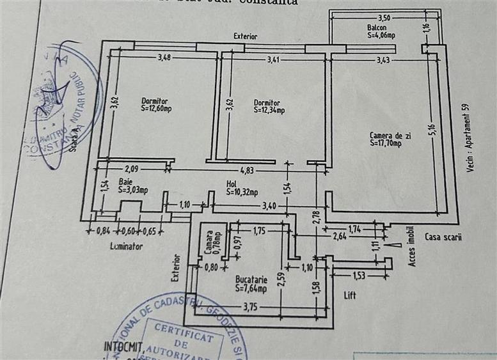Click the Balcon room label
(377, 28)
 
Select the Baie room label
(125, 182)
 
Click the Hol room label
(232, 184)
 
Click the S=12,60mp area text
(156, 108)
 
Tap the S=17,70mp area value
(386, 143)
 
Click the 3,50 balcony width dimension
(384, 19)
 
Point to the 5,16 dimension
(432, 130)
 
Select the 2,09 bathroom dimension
(131, 169)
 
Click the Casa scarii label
(443, 237)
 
